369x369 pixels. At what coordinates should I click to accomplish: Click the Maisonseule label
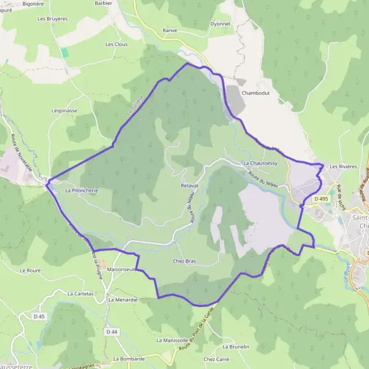tap(121, 269)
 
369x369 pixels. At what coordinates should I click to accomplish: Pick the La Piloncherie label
tap(81, 191)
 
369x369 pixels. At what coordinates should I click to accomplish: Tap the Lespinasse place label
tap(65, 111)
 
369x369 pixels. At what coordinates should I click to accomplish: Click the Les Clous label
tap(116, 44)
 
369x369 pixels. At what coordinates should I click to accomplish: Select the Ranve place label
tap(170, 30)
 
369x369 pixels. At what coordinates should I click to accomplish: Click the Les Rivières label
tap(343, 167)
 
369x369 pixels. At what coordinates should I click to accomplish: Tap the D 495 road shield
tap(320, 199)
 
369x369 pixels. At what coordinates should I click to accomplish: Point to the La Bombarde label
tap(129, 359)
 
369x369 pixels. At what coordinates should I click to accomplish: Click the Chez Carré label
tap(216, 359)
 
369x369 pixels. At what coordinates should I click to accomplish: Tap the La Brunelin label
tap(236, 347)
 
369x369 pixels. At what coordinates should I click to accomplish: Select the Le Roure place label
tap(30, 270)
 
